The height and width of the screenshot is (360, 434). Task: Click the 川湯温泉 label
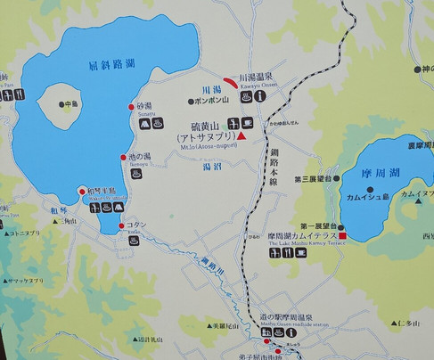[266, 79]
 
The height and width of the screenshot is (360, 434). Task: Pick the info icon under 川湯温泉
[258, 96]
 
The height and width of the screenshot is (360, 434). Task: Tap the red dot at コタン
[122, 226]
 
